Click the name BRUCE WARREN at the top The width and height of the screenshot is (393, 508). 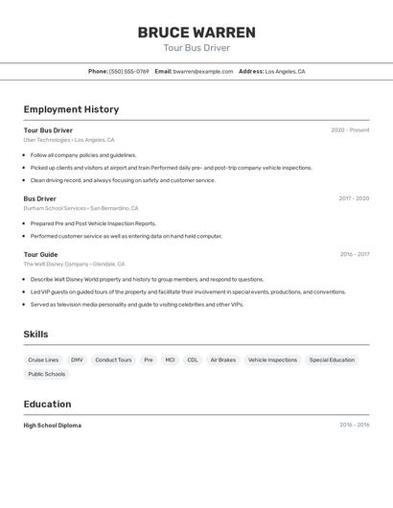click(x=196, y=32)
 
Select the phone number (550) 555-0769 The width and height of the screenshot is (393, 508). click(x=129, y=71)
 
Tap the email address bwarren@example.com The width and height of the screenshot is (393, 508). click(x=203, y=71)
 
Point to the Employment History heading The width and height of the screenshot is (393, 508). click(x=71, y=109)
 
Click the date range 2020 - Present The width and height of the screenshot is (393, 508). click(x=350, y=130)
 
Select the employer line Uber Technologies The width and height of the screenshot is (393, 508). click(x=69, y=140)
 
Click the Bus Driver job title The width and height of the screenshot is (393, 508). click(x=40, y=198)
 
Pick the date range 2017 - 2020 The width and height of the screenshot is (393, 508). click(x=354, y=198)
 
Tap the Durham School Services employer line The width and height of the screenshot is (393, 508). click(x=81, y=208)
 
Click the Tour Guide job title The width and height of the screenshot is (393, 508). click(x=40, y=254)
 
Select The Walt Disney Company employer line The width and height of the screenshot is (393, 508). click(x=74, y=264)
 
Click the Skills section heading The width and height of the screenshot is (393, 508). click(x=35, y=335)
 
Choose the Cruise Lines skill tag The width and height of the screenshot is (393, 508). click(x=43, y=360)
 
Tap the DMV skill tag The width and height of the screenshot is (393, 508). click(x=77, y=360)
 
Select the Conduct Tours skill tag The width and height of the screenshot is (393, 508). click(x=113, y=360)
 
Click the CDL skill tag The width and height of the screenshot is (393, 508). click(x=193, y=360)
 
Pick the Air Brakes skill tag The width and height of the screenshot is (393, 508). click(x=222, y=360)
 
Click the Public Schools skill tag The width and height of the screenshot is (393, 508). click(x=47, y=374)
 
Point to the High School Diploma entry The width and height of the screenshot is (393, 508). click(x=53, y=425)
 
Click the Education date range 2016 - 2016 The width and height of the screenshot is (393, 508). click(x=354, y=425)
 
